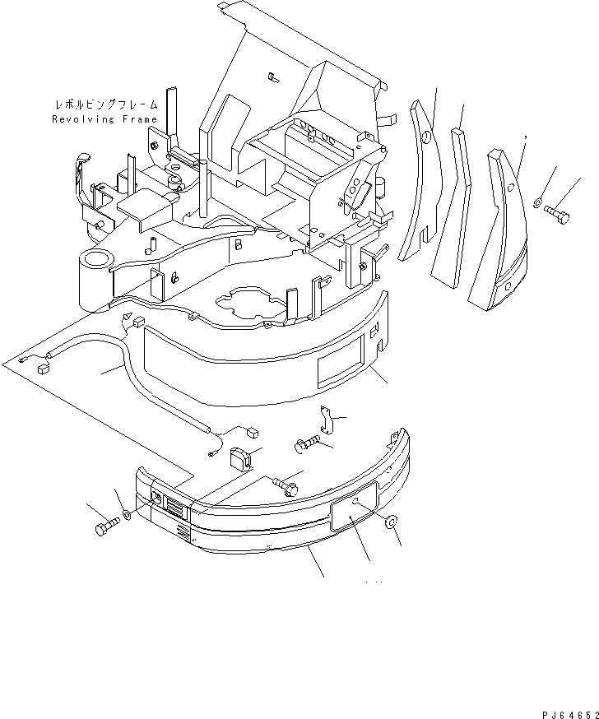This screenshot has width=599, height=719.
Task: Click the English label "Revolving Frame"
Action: pos(104,119)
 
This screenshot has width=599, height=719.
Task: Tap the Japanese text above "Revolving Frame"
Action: pos(104,106)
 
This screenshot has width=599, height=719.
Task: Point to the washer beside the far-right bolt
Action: pos(536,202)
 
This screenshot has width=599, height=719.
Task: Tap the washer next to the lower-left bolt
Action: pos(125,515)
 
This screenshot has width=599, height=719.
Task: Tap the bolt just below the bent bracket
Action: pos(305,445)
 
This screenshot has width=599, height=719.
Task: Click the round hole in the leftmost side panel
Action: pos(426,138)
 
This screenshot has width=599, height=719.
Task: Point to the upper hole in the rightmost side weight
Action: pos(510,188)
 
